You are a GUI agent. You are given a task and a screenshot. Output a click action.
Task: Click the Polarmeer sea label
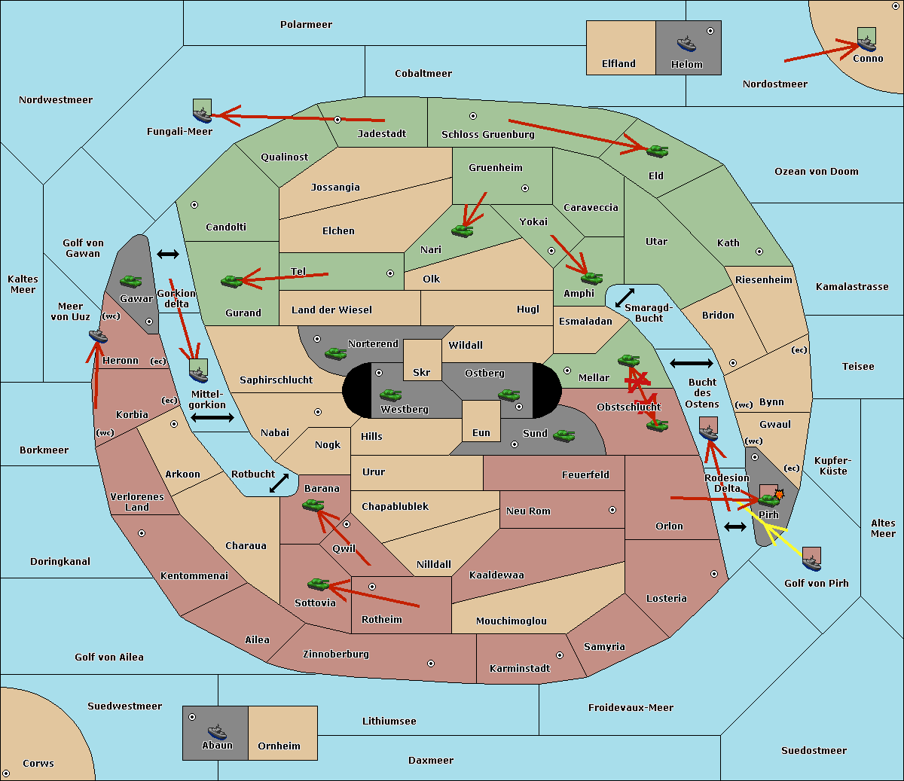(306, 25)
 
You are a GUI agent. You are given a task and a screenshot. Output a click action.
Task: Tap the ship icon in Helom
(686, 44)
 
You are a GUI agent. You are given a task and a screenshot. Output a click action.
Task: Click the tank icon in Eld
(657, 151)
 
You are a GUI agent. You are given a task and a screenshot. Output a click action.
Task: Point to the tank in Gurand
(232, 281)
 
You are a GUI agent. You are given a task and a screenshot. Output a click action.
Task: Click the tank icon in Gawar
(131, 282)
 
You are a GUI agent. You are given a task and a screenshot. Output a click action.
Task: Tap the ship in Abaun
(217, 731)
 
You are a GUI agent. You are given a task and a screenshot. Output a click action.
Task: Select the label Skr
(422, 372)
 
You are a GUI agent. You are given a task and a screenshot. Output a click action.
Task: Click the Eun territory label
(481, 433)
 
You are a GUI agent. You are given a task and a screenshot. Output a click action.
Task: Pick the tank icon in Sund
(563, 435)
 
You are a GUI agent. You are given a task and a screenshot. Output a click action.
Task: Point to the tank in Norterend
(335, 353)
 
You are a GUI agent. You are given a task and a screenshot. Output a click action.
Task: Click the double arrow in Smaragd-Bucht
(625, 297)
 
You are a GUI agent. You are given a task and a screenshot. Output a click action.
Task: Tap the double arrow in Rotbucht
(279, 483)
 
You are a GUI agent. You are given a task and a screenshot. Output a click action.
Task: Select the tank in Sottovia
(318, 584)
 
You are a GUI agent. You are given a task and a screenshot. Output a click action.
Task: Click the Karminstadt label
(520, 668)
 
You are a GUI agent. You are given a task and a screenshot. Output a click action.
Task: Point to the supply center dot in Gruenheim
(525, 188)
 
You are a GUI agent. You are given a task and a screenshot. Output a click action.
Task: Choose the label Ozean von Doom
(817, 172)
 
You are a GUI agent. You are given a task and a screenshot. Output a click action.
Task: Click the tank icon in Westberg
(390, 395)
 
